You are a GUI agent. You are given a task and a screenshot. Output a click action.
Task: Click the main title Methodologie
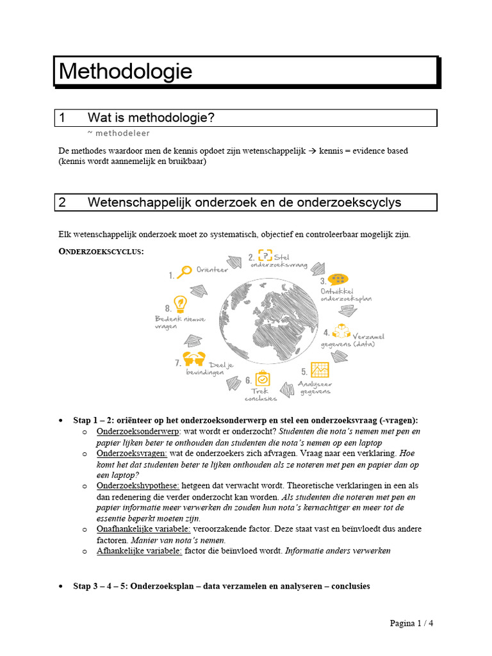click(x=126, y=71)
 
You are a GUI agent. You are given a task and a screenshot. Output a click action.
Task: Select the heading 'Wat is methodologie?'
click(x=151, y=118)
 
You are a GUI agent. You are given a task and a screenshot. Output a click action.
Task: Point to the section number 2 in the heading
click(x=62, y=202)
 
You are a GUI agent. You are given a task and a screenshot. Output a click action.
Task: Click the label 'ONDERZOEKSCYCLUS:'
click(x=101, y=252)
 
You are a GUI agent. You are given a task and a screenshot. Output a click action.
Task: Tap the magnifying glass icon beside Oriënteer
click(x=184, y=272)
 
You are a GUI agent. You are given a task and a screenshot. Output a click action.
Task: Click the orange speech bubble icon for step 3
click(x=338, y=280)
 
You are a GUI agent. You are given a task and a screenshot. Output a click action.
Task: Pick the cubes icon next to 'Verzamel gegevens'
click(x=342, y=332)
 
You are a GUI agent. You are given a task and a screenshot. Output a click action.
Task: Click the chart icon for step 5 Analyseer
click(x=320, y=370)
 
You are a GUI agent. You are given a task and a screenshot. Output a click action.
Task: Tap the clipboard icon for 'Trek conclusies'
click(x=262, y=379)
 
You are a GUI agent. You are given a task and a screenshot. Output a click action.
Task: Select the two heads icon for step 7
click(x=193, y=359)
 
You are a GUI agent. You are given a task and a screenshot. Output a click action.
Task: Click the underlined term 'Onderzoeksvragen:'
click(x=131, y=453)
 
